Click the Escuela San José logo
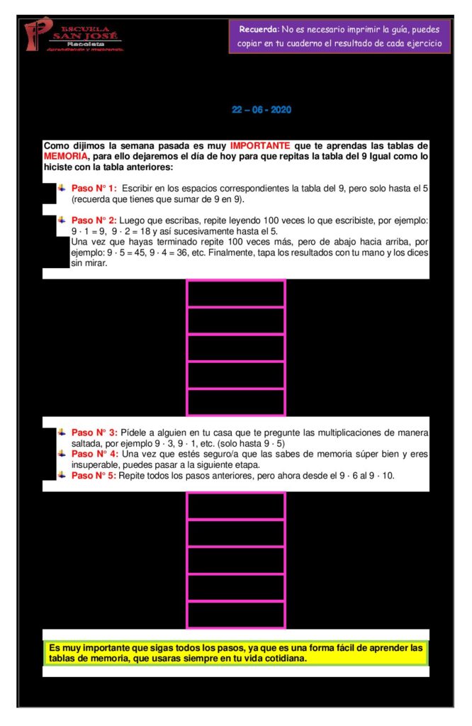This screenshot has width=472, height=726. click(x=73, y=34)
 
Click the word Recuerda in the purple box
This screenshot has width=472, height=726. click(x=259, y=30)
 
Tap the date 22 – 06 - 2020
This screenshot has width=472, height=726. click(x=262, y=110)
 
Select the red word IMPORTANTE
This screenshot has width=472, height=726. click(x=259, y=146)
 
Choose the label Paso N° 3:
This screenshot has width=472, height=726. click(x=94, y=432)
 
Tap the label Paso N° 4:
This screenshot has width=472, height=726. click(x=94, y=454)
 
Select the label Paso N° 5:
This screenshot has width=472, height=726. click(x=94, y=475)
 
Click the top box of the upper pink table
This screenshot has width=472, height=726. click(x=235, y=294)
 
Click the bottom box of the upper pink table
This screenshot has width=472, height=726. click(x=235, y=401)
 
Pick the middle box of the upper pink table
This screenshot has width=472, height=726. click(x=235, y=347)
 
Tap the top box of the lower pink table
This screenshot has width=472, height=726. click(x=235, y=506)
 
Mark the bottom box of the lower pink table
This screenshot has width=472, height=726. click(x=235, y=614)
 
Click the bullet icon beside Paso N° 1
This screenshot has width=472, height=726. click(x=62, y=188)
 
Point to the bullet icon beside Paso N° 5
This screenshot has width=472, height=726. click(x=62, y=475)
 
